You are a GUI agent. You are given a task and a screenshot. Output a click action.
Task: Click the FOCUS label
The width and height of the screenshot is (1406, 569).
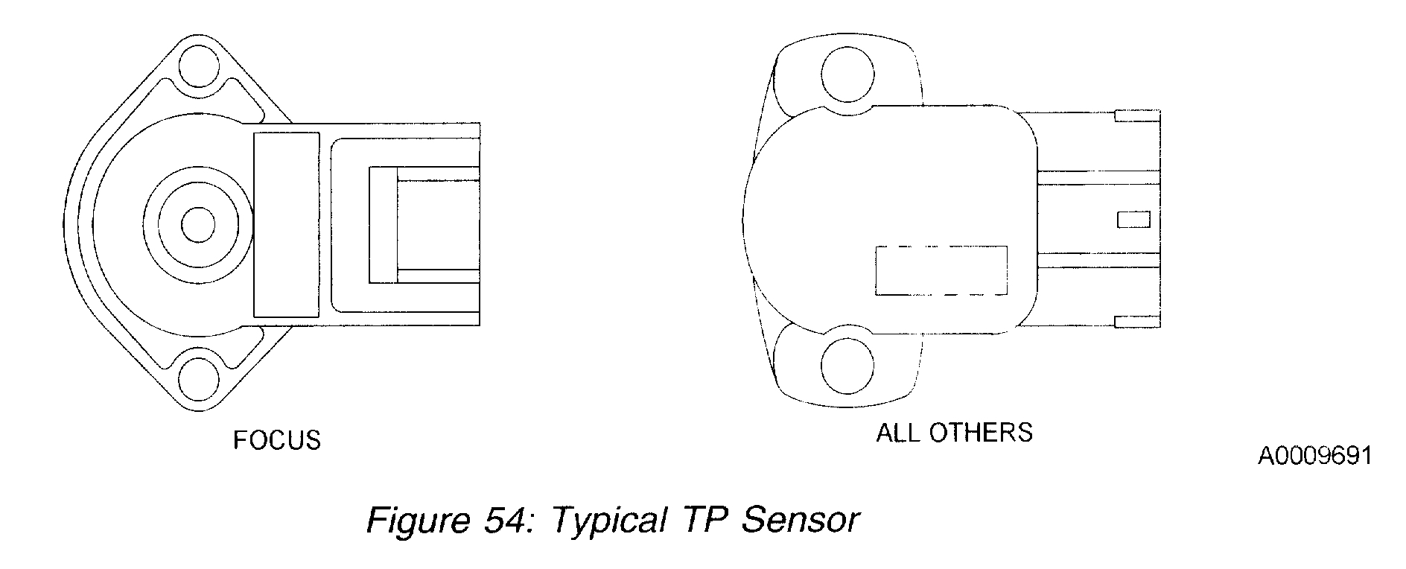pyautogui.click(x=277, y=440)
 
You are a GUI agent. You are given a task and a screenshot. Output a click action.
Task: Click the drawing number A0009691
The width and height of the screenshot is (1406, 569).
pyautogui.click(x=1315, y=456)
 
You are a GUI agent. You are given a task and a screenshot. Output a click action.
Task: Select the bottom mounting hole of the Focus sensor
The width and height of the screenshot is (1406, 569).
pyautogui.click(x=198, y=379)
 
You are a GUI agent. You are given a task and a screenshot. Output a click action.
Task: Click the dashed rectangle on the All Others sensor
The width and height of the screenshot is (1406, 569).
pyautogui.click(x=941, y=270)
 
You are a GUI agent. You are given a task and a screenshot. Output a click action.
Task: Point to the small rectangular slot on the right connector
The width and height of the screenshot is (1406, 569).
pyautogui.click(x=1133, y=220)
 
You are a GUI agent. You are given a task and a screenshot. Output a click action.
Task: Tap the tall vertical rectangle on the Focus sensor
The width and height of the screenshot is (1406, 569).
pyautogui.click(x=287, y=225)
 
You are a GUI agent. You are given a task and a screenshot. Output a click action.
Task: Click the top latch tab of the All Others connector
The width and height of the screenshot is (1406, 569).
pyautogui.click(x=1136, y=116)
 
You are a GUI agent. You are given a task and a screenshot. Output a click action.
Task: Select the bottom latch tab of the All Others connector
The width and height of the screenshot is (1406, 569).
pyautogui.click(x=1136, y=322)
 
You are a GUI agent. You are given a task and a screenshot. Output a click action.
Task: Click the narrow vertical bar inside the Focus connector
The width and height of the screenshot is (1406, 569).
pyautogui.click(x=383, y=225)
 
